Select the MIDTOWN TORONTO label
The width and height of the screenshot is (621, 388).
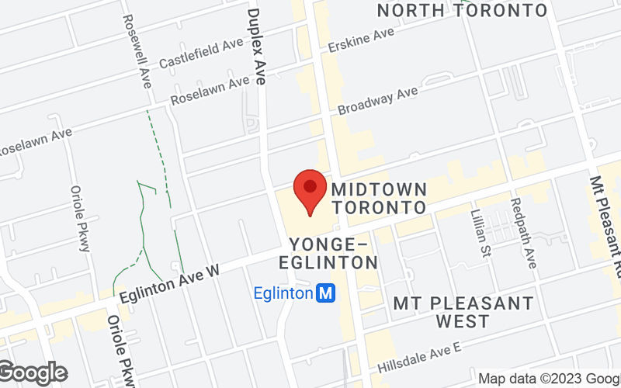(379, 199)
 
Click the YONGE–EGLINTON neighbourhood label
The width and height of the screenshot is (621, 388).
(334, 254)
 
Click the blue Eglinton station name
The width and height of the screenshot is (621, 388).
(284, 293)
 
